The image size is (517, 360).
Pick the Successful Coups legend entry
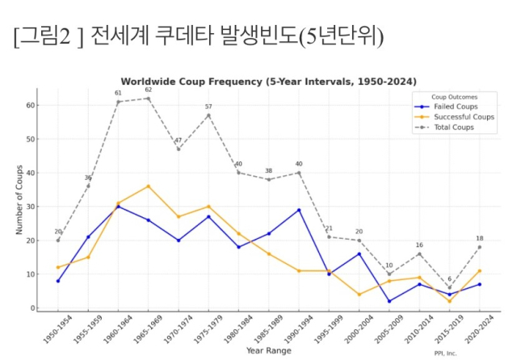coord(458,116)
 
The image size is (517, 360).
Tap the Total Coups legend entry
coord(452,127)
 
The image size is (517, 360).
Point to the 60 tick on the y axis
coord(29,105)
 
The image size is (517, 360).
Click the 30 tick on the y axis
coord(29,207)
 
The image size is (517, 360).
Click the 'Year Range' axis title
coord(269,350)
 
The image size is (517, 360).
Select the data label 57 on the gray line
coord(208,107)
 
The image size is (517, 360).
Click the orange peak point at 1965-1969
coord(148,186)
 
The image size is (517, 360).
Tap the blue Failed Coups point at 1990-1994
coord(299,210)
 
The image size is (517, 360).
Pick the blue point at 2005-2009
coord(389,301)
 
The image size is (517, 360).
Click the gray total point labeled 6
coord(450,288)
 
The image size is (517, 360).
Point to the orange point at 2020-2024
coord(480,271)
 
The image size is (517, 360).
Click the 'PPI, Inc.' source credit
coord(445,353)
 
